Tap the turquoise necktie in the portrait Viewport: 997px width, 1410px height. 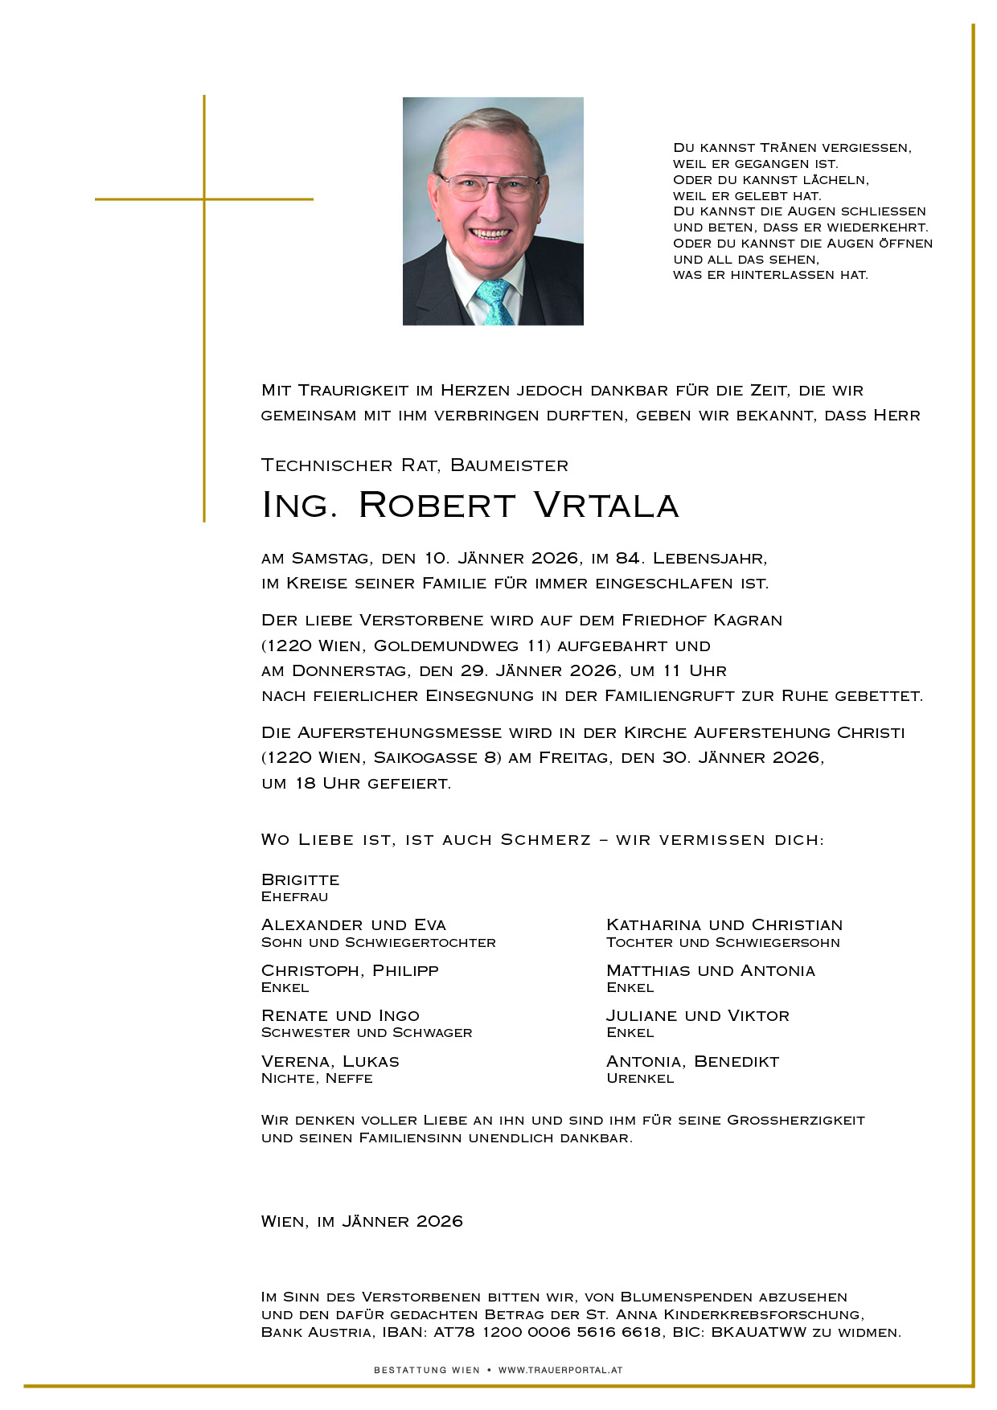tap(494, 301)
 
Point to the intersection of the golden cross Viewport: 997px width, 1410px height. tap(204, 199)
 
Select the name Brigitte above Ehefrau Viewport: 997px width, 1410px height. tap(300, 879)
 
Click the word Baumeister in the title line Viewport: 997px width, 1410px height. tap(509, 465)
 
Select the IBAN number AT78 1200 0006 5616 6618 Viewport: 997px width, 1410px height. tap(548, 1332)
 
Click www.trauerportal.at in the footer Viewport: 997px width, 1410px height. tap(560, 1370)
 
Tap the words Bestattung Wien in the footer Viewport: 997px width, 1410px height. tap(426, 1370)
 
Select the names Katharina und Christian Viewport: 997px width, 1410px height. tap(724, 925)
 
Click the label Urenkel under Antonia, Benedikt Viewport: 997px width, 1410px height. tap(640, 1079)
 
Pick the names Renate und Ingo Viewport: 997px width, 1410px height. tap(340, 1016)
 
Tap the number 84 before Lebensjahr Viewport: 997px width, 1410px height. tap(627, 559)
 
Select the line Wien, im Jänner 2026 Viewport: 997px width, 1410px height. tap(362, 1221)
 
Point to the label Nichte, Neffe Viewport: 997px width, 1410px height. tap(317, 1079)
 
